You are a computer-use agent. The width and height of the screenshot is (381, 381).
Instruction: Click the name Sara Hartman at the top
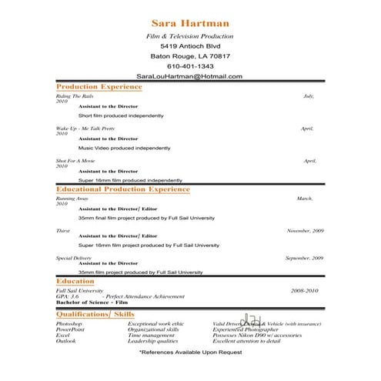tap(189, 23)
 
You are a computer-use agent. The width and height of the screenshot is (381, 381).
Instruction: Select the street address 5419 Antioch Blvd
tap(189, 46)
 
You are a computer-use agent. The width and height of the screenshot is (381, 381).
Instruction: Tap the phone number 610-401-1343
tap(189, 66)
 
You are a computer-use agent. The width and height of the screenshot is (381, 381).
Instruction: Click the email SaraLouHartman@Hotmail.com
tap(189, 76)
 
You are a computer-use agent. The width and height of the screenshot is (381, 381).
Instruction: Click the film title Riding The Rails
tap(75, 96)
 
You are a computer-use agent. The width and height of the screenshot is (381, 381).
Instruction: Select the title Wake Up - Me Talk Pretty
tap(85, 129)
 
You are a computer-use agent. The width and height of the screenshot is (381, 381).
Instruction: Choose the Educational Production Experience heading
tap(123, 189)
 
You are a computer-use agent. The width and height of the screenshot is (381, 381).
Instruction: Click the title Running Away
tap(72, 199)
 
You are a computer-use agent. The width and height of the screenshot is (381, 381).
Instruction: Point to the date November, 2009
tap(305, 231)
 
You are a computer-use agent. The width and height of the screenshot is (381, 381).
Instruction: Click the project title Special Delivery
tap(74, 259)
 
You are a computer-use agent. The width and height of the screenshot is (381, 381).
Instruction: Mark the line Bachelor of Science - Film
tap(90, 302)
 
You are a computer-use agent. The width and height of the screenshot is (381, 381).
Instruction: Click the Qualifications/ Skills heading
tap(95, 315)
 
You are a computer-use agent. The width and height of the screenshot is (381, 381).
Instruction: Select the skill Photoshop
tap(69, 324)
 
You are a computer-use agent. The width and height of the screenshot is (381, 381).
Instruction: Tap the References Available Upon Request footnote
tap(190, 352)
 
